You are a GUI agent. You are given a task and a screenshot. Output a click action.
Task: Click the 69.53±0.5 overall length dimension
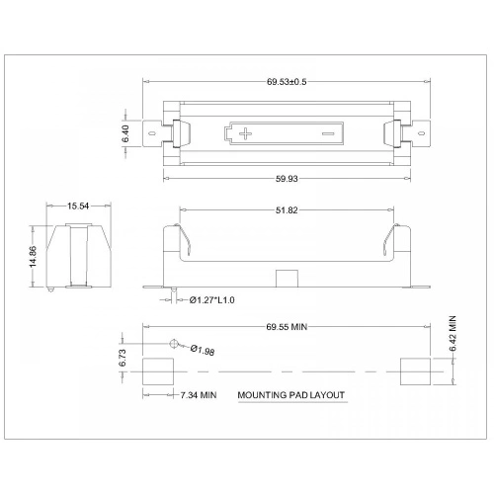click(x=287, y=81)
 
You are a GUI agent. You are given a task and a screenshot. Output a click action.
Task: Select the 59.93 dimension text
click(x=287, y=179)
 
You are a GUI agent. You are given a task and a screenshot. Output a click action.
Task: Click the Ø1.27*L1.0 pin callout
click(x=214, y=299)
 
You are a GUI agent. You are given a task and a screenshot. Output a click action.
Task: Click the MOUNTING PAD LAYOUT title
click(x=291, y=395)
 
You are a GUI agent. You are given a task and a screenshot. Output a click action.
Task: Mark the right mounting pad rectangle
click(x=415, y=371)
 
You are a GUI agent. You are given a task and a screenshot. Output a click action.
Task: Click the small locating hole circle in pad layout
click(x=175, y=343)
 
